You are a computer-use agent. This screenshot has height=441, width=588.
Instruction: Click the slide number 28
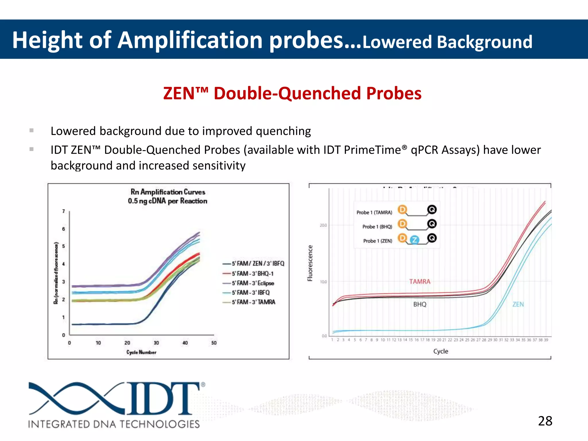[545, 421]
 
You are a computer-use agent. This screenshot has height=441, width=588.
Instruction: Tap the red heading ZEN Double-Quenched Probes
[292, 93]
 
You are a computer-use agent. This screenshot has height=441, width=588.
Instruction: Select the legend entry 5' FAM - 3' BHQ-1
[253, 274]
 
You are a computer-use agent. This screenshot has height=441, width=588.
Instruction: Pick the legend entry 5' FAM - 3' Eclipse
[253, 283]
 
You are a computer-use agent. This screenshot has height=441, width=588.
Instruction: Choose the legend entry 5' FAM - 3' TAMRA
[254, 302]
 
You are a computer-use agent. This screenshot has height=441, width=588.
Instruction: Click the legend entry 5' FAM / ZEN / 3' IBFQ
[258, 264]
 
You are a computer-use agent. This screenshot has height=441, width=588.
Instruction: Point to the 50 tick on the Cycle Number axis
[214, 343]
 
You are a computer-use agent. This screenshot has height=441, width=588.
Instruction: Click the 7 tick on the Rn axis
[63, 211]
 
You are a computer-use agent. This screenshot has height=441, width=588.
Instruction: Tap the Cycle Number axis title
[141, 352]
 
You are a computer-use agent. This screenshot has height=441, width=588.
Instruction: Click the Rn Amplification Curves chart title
[168, 192]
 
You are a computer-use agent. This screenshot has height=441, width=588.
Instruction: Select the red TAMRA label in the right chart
[419, 282]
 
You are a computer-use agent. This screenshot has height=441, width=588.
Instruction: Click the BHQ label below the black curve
[419, 304]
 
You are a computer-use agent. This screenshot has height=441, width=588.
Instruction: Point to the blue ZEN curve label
[518, 304]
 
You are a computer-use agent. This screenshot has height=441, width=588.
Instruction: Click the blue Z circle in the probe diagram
[414, 240]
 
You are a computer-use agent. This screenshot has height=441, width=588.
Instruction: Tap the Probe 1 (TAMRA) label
[374, 212]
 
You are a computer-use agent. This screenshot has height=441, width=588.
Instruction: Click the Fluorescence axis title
[310, 263]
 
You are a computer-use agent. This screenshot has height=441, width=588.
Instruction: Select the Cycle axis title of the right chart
[440, 351]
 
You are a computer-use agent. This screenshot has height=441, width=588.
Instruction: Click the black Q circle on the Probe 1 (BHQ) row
[432, 224]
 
